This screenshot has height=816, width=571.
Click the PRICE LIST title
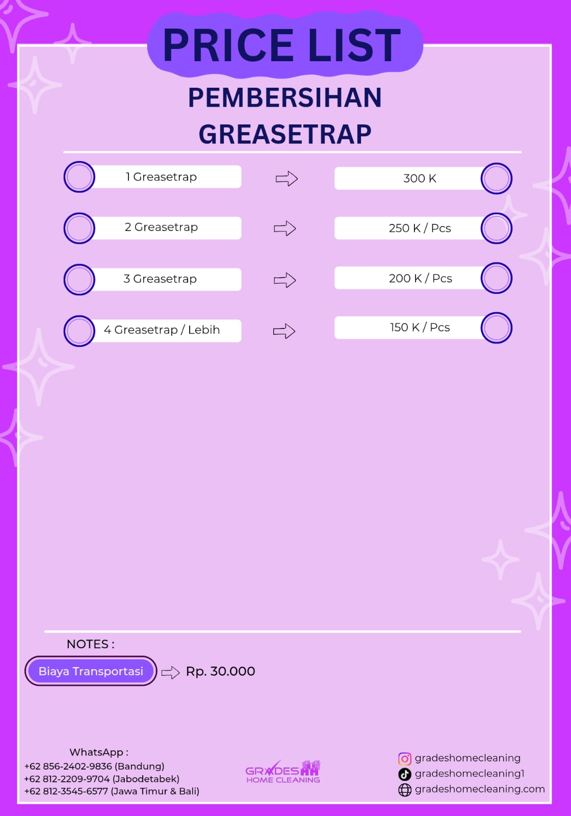pyautogui.click(x=282, y=45)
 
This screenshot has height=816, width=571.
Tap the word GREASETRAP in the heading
pyautogui.click(x=285, y=135)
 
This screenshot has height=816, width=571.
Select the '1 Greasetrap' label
pyautogui.click(x=161, y=177)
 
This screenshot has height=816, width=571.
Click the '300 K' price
pyautogui.click(x=420, y=178)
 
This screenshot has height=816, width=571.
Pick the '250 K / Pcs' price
pyautogui.click(x=420, y=228)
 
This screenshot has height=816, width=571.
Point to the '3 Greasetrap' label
pyautogui.click(x=160, y=279)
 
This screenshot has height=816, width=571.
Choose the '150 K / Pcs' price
pyautogui.click(x=420, y=327)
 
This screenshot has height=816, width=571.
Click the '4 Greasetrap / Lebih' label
pyautogui.click(x=162, y=330)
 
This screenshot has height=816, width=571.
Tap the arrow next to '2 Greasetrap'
pyautogui.click(x=284, y=228)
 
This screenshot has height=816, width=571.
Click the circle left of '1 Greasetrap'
pyautogui.click(x=79, y=177)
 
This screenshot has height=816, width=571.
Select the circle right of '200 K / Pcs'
pyautogui.click(x=496, y=278)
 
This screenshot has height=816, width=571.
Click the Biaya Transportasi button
pyautogui.click(x=91, y=671)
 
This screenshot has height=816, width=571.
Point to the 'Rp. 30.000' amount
pyautogui.click(x=220, y=671)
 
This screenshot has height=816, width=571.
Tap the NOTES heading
pyautogui.click(x=90, y=644)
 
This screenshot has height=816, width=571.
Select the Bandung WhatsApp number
pyautogui.click(x=94, y=766)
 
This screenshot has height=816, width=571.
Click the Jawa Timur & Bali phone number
pyautogui.click(x=112, y=791)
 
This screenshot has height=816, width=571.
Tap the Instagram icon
pyautogui.click(x=404, y=758)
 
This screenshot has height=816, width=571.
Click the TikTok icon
pyautogui.click(x=404, y=774)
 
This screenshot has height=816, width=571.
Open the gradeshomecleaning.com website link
pyautogui.click(x=479, y=789)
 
